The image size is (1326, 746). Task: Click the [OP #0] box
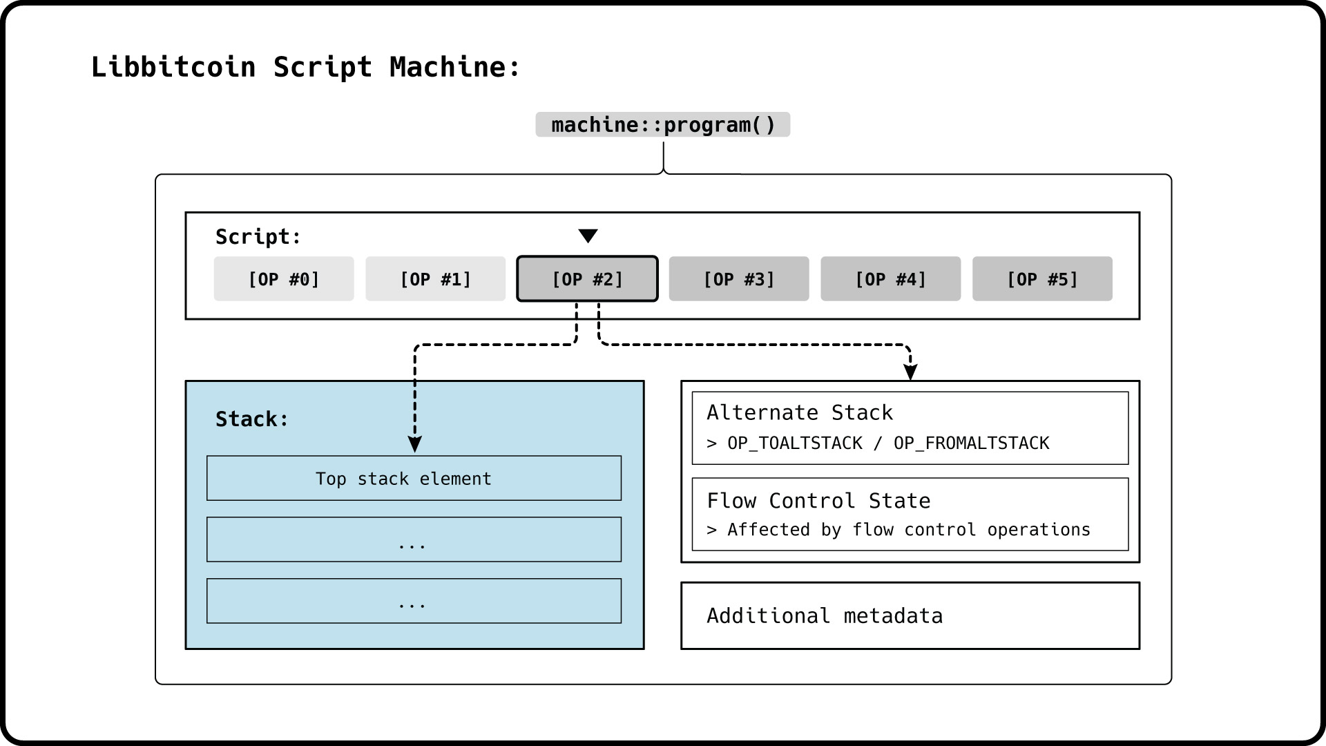point(283,279)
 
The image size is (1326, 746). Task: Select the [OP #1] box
point(435,279)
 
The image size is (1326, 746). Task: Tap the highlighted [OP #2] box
point(587,279)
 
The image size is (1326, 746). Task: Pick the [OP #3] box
point(738,279)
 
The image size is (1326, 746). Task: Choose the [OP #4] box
point(890,279)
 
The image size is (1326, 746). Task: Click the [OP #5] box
point(1042,279)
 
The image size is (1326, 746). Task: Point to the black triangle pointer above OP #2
point(588,236)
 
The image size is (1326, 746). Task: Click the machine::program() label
point(663,125)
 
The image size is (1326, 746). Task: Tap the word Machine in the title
point(448,67)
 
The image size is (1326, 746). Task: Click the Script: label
point(258,237)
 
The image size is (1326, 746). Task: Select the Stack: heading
point(251,419)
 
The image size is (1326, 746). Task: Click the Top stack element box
point(414,479)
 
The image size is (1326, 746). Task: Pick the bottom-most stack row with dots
point(414,601)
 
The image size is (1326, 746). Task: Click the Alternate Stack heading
point(800,413)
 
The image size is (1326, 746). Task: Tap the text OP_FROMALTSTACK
point(971,443)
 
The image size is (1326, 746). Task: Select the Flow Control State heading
point(818,501)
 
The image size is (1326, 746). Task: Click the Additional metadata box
point(910,615)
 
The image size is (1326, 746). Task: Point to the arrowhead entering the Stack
point(414,444)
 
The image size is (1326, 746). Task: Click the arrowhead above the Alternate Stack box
point(910,372)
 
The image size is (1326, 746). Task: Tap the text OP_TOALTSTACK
point(794,443)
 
